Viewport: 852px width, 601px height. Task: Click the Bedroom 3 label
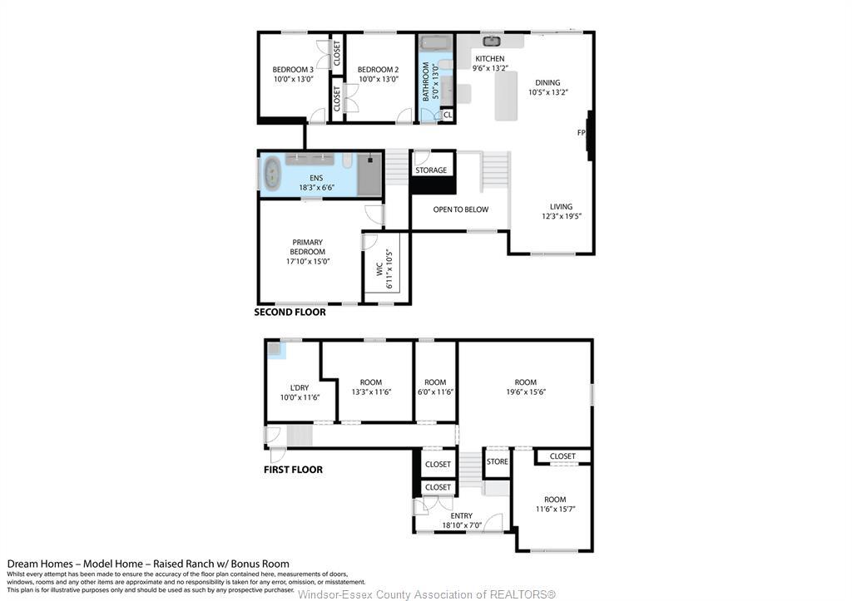coord(293,70)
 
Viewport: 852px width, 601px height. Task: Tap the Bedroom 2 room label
coord(379,70)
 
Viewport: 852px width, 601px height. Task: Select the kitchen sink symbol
coord(491,40)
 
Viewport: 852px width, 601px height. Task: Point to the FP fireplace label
coord(582,133)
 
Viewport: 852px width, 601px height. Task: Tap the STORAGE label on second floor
coord(431,170)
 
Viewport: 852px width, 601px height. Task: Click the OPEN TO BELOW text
coord(460,209)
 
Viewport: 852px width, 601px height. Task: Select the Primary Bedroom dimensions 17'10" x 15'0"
coord(307,261)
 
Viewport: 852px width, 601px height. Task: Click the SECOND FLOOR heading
coord(290,313)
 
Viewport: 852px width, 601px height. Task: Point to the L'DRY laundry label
coord(299,387)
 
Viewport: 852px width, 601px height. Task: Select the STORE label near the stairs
coord(497,461)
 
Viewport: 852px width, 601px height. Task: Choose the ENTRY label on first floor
coord(461,516)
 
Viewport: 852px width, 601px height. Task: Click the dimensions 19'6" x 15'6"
coord(525,392)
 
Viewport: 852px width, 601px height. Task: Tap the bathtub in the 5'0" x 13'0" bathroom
coord(433,42)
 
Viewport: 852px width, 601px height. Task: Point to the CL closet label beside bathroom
coord(447,115)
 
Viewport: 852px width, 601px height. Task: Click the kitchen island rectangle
coord(506,96)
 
